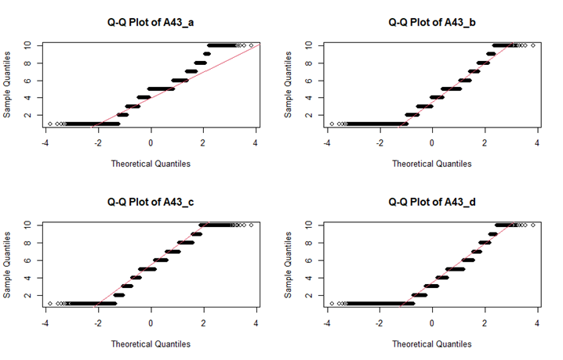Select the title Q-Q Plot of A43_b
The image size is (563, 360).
[x=432, y=23]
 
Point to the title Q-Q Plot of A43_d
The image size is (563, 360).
[x=432, y=203]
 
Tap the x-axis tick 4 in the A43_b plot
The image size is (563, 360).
[x=538, y=142]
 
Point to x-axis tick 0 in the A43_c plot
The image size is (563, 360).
[x=151, y=322]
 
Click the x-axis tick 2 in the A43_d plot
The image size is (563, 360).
[x=485, y=322]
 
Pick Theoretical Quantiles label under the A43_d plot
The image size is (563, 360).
[x=432, y=344]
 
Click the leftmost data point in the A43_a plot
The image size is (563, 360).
[x=50, y=124]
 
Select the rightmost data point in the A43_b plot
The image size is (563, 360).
[x=533, y=45]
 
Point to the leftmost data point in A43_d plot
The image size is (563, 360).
[x=332, y=304]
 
